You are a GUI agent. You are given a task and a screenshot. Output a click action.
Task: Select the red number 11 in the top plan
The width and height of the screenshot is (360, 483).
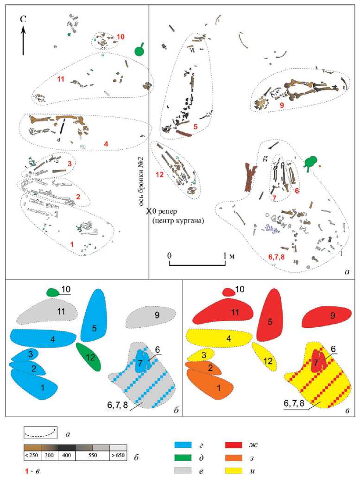(60, 79)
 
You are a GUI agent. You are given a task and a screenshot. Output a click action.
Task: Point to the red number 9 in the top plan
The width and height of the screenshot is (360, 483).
(269, 105)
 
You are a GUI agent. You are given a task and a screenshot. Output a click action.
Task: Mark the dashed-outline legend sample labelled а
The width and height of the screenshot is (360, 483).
(40, 433)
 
